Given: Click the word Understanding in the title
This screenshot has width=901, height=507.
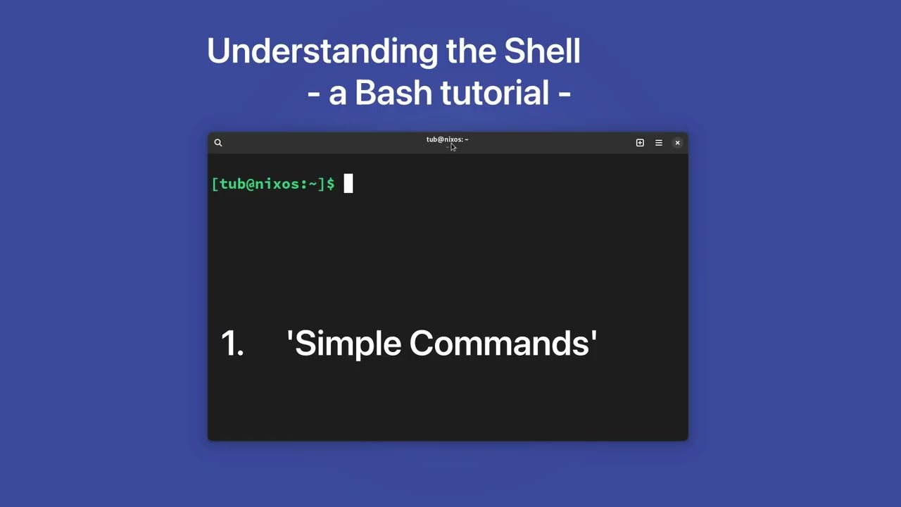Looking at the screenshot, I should [322, 51].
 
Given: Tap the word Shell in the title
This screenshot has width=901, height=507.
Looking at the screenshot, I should [542, 51].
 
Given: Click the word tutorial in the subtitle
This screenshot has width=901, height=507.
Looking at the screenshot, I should [494, 93].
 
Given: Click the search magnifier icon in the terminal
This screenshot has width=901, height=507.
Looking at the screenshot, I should [218, 143].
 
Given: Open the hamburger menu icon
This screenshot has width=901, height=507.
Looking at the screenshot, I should [659, 143].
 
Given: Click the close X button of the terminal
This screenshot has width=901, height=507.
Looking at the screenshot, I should [678, 143].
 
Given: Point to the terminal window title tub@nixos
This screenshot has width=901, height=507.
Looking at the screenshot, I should [446, 139].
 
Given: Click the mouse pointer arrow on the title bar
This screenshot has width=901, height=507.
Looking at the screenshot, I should [453, 147].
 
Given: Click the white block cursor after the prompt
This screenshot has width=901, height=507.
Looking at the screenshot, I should [348, 184].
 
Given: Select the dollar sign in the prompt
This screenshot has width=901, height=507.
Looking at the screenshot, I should [330, 184].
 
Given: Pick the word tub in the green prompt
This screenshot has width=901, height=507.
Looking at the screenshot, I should [232, 184].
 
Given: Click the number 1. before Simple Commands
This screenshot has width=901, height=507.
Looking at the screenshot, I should [232, 344].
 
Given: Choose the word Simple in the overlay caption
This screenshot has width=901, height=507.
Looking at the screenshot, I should [348, 344].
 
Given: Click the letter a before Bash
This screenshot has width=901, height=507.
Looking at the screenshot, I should [337, 94].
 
